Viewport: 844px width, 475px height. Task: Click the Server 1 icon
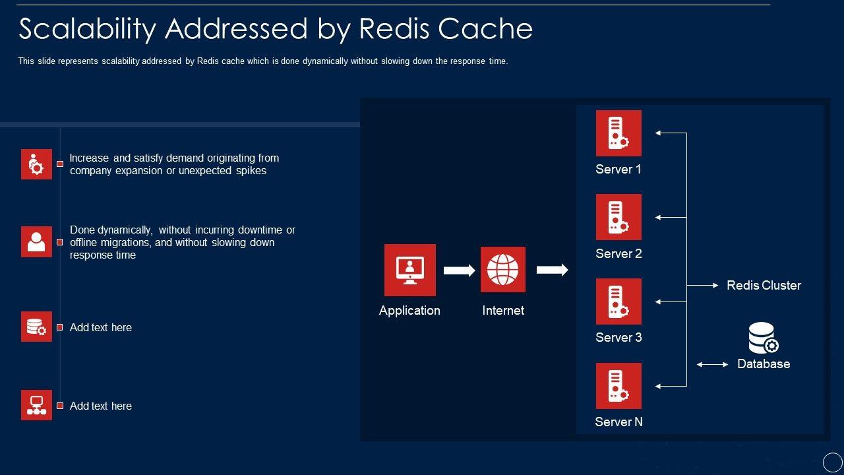(618, 133)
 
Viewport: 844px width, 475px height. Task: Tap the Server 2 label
(618, 253)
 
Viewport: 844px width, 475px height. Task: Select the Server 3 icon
(618, 301)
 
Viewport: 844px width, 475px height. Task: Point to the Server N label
(618, 422)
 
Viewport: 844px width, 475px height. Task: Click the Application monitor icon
(409, 270)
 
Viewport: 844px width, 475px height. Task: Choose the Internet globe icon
(503, 270)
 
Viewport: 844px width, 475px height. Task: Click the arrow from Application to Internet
(459, 270)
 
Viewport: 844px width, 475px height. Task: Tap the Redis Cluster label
(764, 285)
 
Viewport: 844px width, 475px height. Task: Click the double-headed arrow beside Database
(713, 364)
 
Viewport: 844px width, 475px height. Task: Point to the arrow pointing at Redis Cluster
(704, 285)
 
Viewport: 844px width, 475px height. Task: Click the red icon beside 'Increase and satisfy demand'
(36, 164)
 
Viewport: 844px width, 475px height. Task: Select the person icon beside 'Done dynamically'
(36, 242)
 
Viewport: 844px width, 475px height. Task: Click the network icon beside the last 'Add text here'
(36, 405)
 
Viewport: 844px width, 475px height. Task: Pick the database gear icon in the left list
(36, 327)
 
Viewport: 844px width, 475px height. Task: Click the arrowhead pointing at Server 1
(658, 133)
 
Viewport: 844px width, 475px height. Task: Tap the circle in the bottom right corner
(833, 462)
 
